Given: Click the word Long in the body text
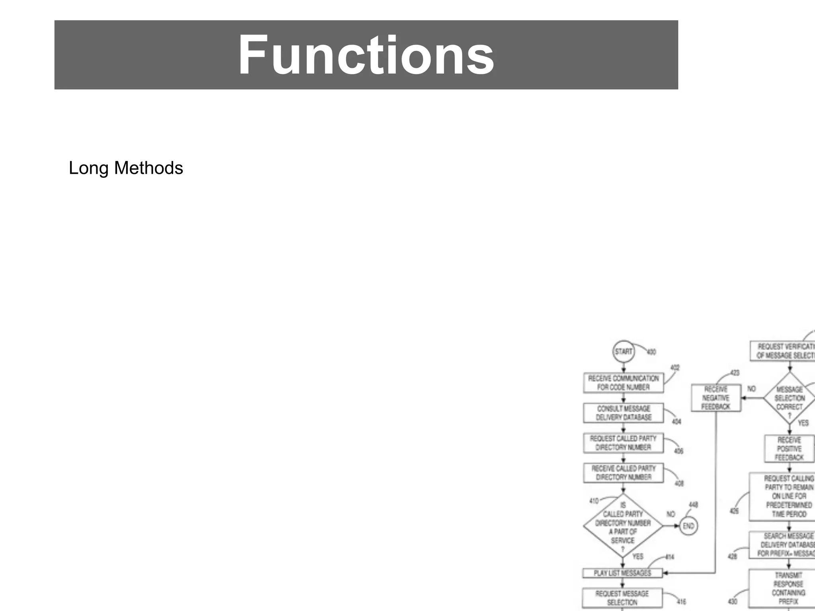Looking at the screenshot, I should click(89, 168).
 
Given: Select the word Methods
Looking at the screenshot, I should click(148, 168).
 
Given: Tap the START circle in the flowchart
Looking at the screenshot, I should click(623, 352).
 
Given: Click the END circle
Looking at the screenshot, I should click(688, 526).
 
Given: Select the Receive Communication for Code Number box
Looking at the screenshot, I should click(623, 383).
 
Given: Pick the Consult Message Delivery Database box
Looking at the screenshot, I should click(623, 413).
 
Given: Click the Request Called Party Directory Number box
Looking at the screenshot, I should click(623, 443).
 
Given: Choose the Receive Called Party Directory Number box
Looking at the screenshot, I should click(623, 473).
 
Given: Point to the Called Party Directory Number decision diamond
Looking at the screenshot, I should click(623, 526).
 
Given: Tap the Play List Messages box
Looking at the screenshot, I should click(622, 573).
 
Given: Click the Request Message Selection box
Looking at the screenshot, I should click(622, 598).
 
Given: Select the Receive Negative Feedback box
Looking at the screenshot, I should click(716, 398).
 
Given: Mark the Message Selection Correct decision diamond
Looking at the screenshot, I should click(790, 398).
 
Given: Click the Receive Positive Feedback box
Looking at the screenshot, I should click(790, 449).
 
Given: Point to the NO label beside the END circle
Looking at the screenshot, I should click(671, 514).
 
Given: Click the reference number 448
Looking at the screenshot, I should click(693, 505).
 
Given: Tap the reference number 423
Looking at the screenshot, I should click(735, 373).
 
